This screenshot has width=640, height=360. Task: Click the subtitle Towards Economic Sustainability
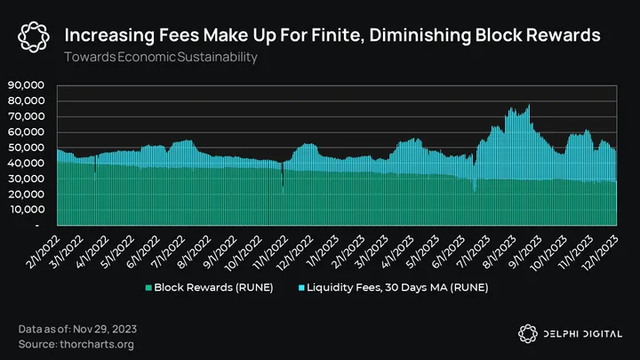160,57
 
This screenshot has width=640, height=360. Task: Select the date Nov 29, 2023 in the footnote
110,330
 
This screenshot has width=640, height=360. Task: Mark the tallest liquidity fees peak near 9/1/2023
529,107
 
